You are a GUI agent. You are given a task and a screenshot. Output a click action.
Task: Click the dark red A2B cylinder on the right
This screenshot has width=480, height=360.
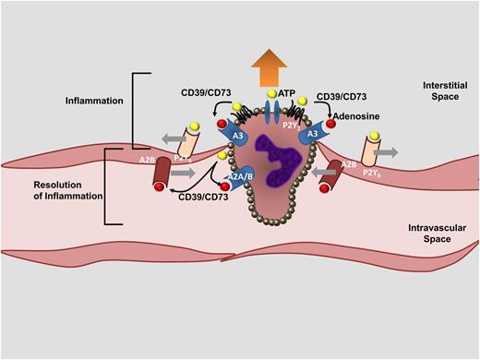click(x=333, y=174)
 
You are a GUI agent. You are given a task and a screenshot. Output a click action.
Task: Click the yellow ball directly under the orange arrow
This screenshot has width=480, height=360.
click(x=270, y=95)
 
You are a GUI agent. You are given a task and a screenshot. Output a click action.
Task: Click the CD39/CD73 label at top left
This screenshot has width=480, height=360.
click(x=211, y=95)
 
